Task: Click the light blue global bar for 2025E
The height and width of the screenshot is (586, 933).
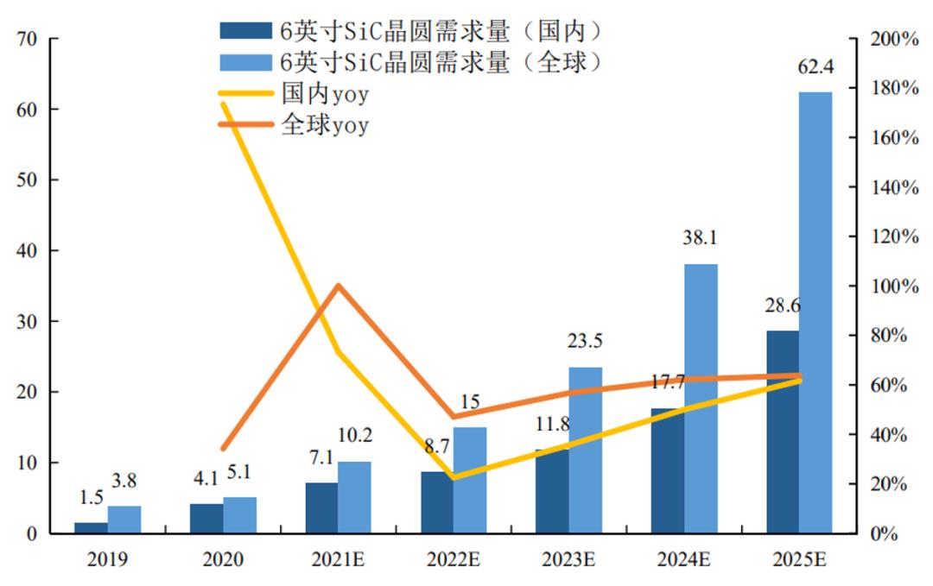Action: pyautogui.click(x=816, y=311)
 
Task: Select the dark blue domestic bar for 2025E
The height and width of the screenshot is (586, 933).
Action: pyautogui.click(x=782, y=432)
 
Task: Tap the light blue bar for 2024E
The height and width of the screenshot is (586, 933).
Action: pyautogui.click(x=700, y=398)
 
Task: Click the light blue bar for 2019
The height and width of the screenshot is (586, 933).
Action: pyautogui.click(x=124, y=519)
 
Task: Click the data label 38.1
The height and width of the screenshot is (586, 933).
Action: pyautogui.click(x=700, y=237)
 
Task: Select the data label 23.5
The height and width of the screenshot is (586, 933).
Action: pyautogui.click(x=585, y=341)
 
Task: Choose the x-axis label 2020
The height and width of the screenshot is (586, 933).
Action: pyautogui.click(x=223, y=559)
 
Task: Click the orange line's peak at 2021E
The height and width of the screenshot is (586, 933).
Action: pyautogui.click(x=339, y=286)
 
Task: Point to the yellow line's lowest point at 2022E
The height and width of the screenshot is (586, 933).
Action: pyautogui.click(x=454, y=476)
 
